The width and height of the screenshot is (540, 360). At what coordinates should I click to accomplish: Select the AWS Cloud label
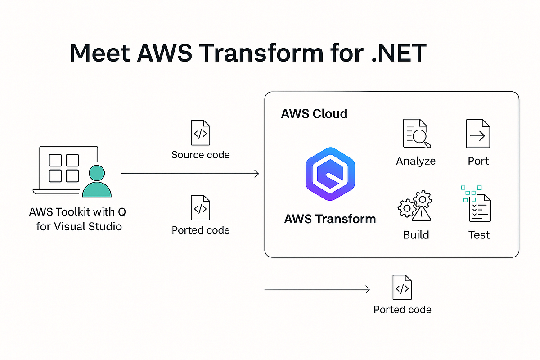click(x=314, y=113)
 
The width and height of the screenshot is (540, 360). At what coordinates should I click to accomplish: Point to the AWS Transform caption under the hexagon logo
click(x=330, y=219)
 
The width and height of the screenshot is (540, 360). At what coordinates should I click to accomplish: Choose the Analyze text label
click(x=416, y=161)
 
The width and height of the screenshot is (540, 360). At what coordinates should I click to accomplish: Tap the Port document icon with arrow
click(x=477, y=134)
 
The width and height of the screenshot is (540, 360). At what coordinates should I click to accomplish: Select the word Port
click(x=478, y=161)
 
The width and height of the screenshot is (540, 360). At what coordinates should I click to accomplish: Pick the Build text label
click(x=416, y=235)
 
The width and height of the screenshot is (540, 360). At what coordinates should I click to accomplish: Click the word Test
click(x=479, y=235)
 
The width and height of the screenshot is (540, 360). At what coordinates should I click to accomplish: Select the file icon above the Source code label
click(x=200, y=133)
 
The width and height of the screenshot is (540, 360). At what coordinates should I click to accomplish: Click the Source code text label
click(x=200, y=155)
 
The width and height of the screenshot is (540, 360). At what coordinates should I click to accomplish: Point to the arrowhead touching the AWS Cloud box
click(x=257, y=174)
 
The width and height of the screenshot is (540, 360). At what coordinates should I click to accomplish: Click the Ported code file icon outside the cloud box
click(x=402, y=287)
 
